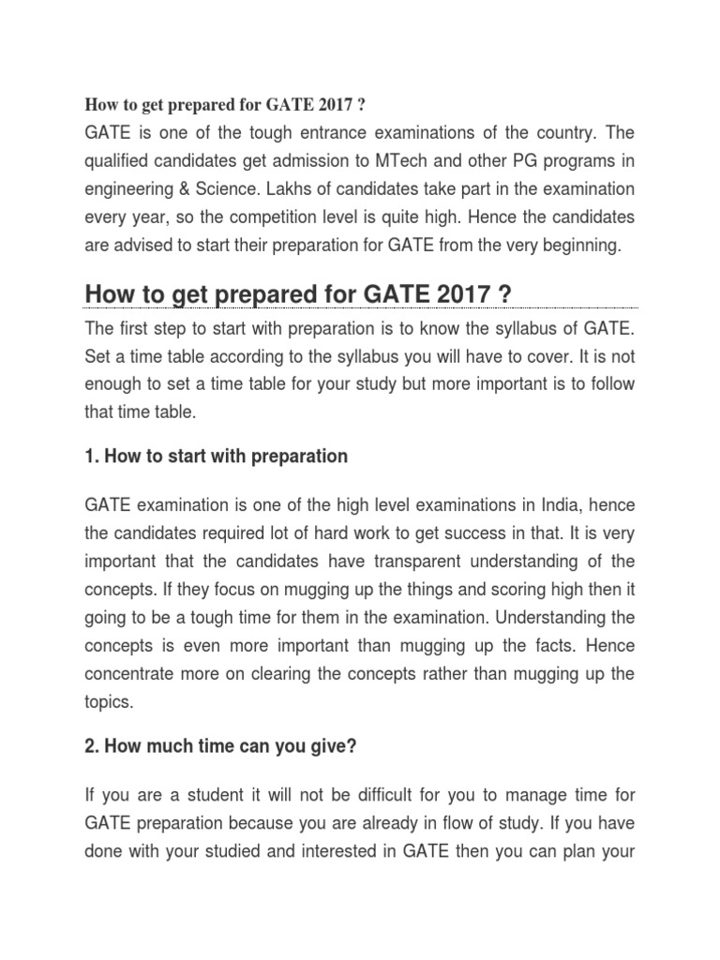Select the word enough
coord(112,383)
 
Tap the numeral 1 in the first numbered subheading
coord(89,457)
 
